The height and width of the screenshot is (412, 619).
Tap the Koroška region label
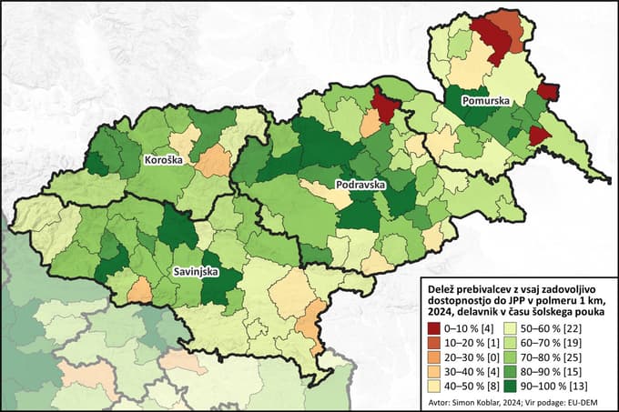(x=163, y=160)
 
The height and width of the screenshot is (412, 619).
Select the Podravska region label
(x=360, y=184)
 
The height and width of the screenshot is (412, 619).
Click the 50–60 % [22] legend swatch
(x=525, y=326)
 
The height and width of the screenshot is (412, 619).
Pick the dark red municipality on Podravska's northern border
(x=384, y=106)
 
